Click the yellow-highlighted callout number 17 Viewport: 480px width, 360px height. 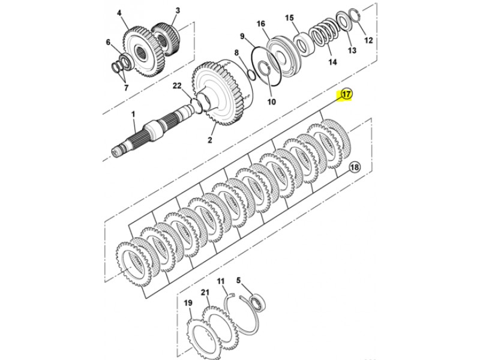point(346,95)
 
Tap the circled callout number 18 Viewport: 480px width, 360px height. point(355,167)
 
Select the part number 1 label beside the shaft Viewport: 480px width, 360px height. point(133,115)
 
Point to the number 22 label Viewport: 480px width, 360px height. point(177,86)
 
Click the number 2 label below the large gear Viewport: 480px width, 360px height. point(209,140)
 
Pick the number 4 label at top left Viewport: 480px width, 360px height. point(119,13)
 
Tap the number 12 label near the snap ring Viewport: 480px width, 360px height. point(368,40)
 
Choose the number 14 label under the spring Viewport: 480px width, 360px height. point(333,62)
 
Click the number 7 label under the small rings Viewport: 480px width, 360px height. point(126,88)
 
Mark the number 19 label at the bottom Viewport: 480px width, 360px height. point(188,303)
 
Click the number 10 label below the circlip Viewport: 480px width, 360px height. point(272,101)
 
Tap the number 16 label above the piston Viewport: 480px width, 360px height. point(261,23)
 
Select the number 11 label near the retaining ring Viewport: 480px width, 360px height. point(221,281)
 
